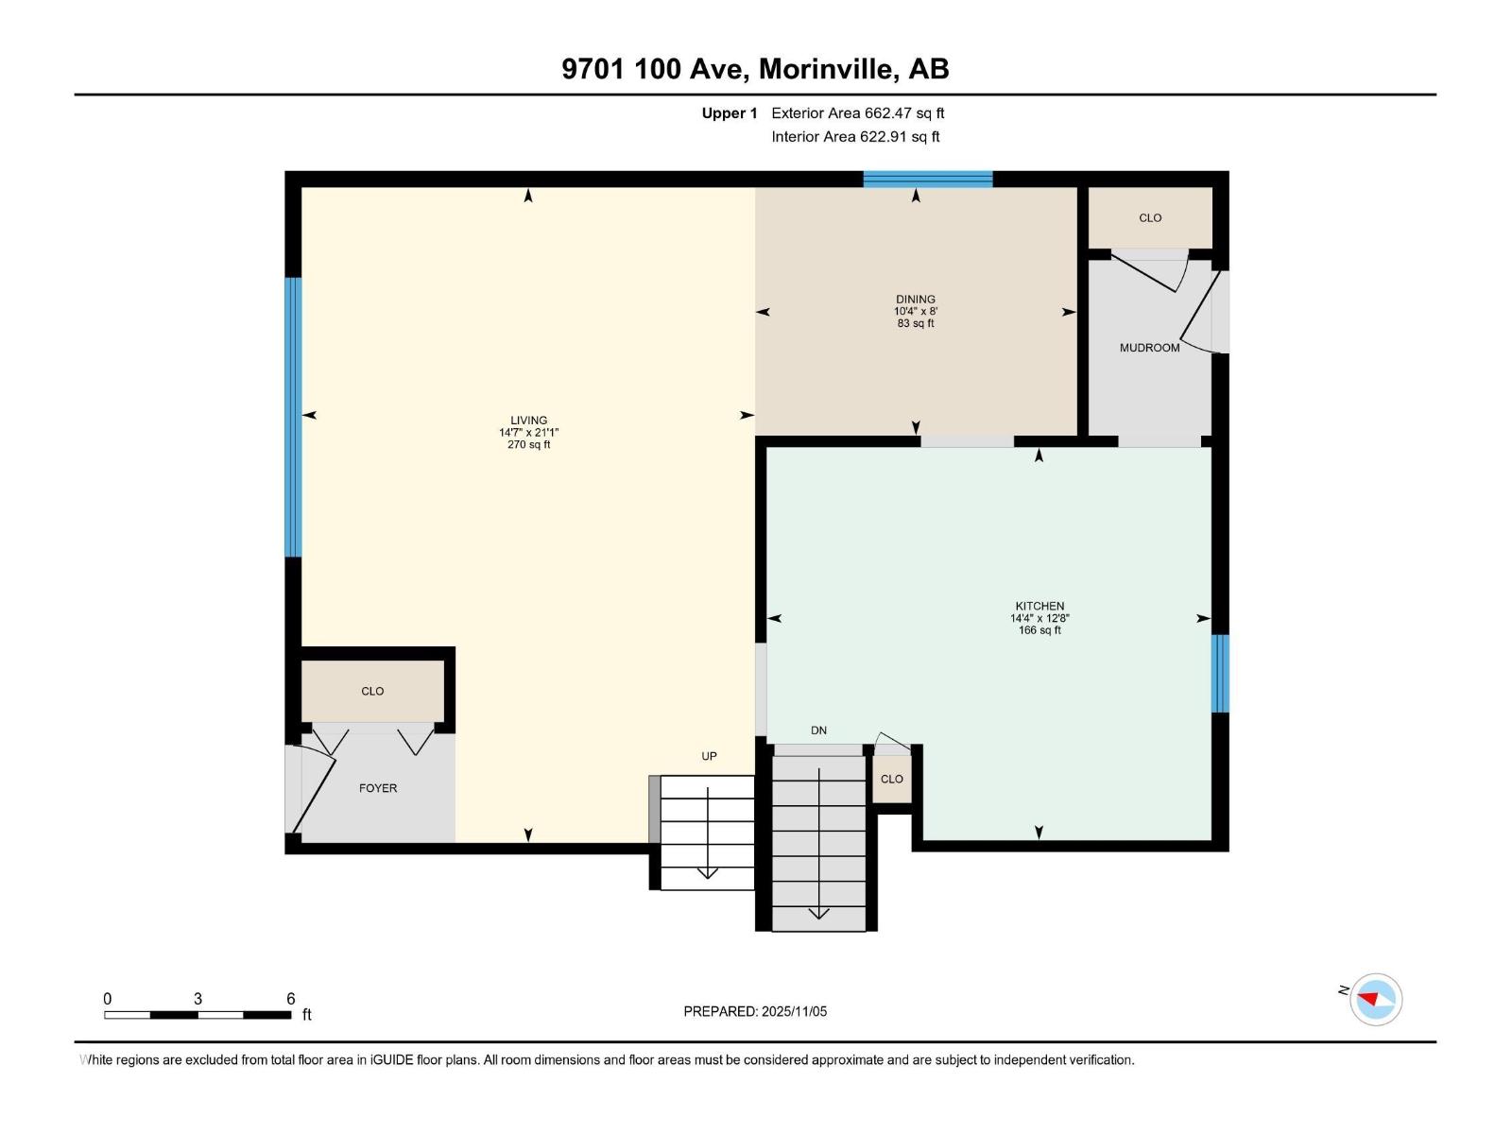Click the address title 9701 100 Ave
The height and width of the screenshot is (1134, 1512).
755,69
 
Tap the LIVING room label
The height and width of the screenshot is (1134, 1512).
528,421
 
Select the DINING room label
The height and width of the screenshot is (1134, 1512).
915,300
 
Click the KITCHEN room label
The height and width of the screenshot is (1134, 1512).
1039,606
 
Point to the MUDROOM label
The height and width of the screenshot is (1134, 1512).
1149,348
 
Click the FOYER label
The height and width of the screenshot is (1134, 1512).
378,788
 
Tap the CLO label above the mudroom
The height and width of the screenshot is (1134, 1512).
1150,218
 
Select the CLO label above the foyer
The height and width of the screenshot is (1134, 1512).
372,691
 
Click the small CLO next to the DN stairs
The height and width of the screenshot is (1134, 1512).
891,780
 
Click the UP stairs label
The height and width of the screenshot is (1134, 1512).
709,756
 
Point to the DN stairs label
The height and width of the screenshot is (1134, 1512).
818,730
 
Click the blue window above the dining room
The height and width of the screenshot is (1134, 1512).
927,180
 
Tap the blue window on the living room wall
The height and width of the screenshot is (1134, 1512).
294,417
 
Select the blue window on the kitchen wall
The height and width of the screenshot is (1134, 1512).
1220,673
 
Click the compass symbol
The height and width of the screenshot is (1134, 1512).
1375,999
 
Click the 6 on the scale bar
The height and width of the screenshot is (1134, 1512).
290,999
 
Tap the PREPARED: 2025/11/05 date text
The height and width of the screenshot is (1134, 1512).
755,1011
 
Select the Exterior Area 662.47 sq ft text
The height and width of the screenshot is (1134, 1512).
857,113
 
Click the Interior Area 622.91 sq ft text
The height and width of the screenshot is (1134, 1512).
855,137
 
